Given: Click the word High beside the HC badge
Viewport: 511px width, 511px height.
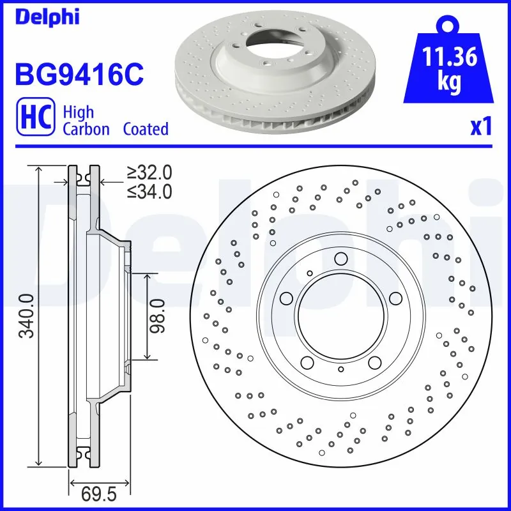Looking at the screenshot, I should pyautogui.click(x=78, y=112).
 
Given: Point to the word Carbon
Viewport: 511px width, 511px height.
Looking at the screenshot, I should pyautogui.click(x=86, y=129).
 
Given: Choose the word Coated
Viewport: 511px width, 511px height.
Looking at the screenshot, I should pyautogui.click(x=146, y=129).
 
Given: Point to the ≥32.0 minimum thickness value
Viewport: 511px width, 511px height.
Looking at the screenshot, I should pyautogui.click(x=149, y=172).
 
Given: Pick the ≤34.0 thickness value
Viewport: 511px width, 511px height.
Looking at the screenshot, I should pyautogui.click(x=149, y=190).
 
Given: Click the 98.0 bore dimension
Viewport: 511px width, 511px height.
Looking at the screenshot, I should pyautogui.click(x=158, y=316).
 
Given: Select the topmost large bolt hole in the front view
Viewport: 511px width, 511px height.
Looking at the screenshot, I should pyautogui.click(x=340, y=259).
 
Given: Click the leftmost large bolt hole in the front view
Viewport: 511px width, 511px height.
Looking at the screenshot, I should pyautogui.click(x=286, y=298).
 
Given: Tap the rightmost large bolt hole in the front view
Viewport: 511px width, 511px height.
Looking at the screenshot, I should pyautogui.click(x=395, y=298).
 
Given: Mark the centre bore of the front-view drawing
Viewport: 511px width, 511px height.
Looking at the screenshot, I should pyautogui.click(x=340, y=316).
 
